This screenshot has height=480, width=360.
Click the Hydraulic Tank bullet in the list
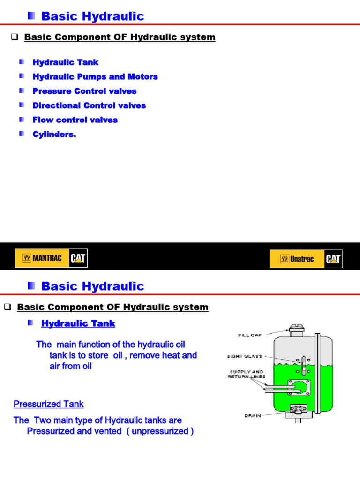click(65, 62)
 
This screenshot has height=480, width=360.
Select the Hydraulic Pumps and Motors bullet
click(95, 77)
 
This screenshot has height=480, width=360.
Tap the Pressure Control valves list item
click(84, 91)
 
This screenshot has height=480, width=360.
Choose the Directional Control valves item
click(89, 106)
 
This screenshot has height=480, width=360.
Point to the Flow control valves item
click(75, 120)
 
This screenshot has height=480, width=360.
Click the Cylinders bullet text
click(54, 135)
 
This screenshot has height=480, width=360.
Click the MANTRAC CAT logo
click(51, 258)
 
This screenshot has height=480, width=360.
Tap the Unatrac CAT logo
click(306, 259)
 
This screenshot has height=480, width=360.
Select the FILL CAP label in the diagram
click(249, 335)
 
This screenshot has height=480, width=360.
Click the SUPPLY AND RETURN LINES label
click(247, 374)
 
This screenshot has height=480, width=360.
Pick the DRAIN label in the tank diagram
click(253, 416)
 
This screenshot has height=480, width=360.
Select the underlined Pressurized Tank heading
click(48, 404)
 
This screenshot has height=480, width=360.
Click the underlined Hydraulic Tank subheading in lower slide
click(78, 324)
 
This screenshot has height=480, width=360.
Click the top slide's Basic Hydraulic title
click(92, 16)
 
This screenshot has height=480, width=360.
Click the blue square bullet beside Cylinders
click(22, 134)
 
